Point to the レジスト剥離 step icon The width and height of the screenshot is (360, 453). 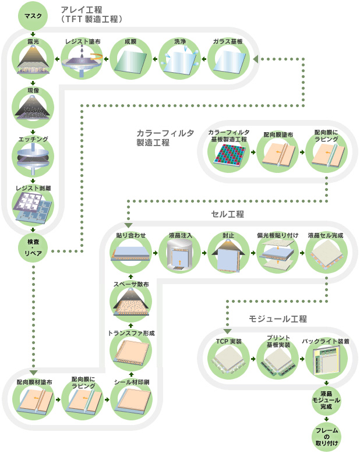click(33, 207)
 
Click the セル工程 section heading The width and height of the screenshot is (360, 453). click(227, 214)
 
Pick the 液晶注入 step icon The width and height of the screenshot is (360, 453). click(179, 254)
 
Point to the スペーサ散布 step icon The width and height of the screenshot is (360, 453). click(130, 304)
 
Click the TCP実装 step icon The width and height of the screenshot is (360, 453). click(228, 361)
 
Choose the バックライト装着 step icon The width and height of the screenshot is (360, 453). click(326, 361)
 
